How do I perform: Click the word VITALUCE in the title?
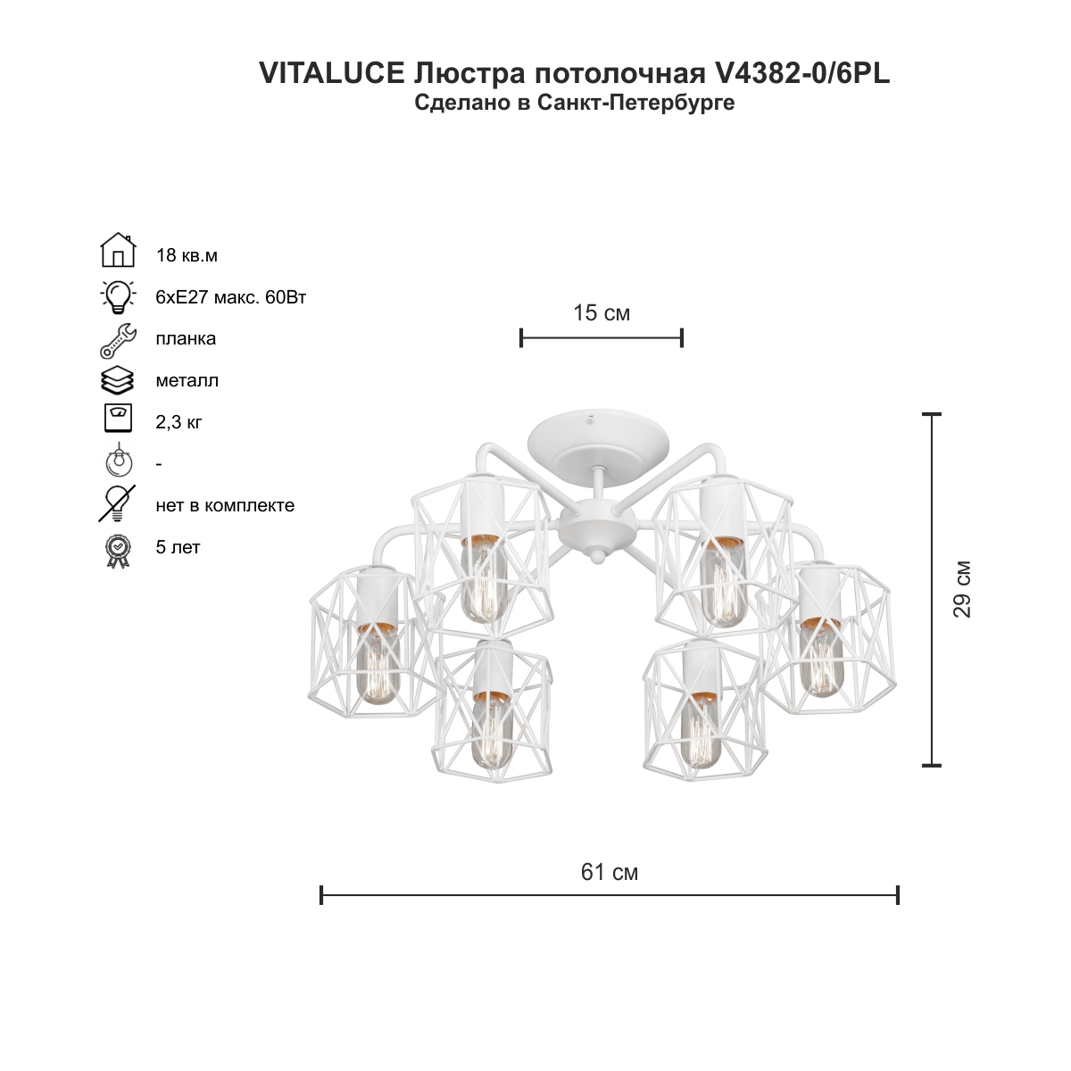[x=332, y=73]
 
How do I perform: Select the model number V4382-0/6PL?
[x=801, y=73]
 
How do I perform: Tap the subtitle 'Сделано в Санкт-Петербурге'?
[x=575, y=103]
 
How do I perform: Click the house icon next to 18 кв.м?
[x=118, y=250]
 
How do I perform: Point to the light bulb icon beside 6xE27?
[x=118, y=297]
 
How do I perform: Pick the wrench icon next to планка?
[x=118, y=341]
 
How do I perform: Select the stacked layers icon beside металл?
[x=117, y=381]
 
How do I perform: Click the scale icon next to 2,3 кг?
[x=118, y=418]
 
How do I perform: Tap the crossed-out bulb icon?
[x=117, y=503]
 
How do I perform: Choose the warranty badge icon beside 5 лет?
[x=118, y=552]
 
